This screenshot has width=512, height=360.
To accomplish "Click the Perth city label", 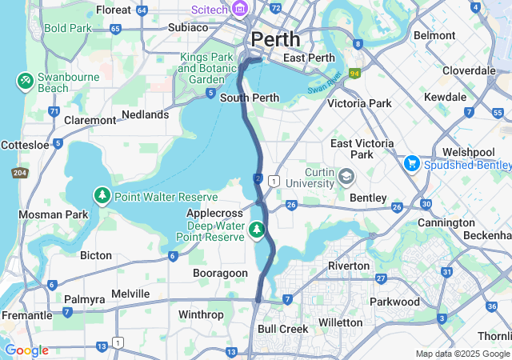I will coord(276,38).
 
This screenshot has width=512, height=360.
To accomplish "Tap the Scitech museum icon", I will coord(238,10).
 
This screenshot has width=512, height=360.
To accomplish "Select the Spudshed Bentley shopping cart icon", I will coord(412,163).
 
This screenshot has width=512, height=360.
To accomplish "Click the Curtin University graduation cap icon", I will coord(346,175).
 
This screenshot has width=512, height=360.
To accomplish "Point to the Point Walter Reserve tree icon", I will coord(102,196).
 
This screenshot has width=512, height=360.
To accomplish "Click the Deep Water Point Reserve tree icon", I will coord(257,230).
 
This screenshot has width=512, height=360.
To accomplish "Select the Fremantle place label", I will coord(27,316).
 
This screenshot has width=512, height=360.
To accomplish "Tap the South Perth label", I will coord(250,98).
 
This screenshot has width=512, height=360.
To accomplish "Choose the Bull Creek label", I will coord(282,329).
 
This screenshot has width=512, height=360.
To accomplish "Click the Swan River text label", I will coord(325,82).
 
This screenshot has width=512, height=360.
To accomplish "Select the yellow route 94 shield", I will coord(354,73).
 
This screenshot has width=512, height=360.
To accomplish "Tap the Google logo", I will coord(26,350).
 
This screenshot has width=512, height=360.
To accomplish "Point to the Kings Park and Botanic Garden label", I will coord(206,68).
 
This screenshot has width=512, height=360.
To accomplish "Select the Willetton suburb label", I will coord(340,322).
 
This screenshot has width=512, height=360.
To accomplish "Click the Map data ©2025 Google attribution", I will coord(462,354).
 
